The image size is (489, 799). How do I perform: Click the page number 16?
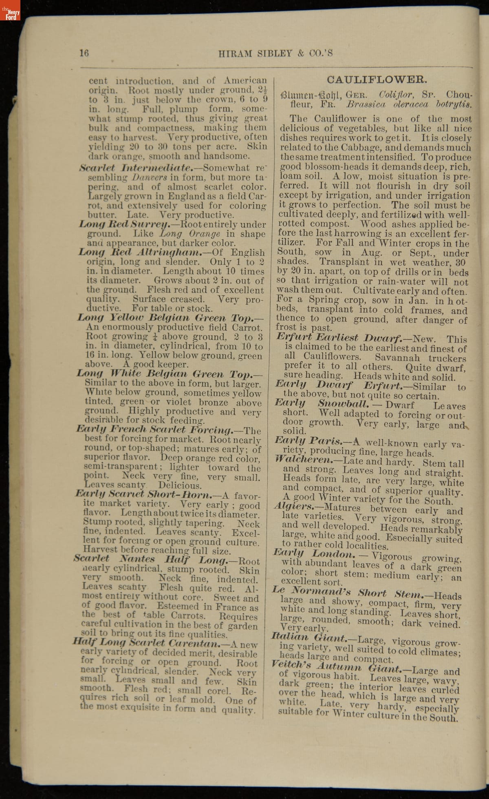coord(84,53)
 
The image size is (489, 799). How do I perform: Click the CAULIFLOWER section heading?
coord(377,80)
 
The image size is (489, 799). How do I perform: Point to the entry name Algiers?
coord(293,507)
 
